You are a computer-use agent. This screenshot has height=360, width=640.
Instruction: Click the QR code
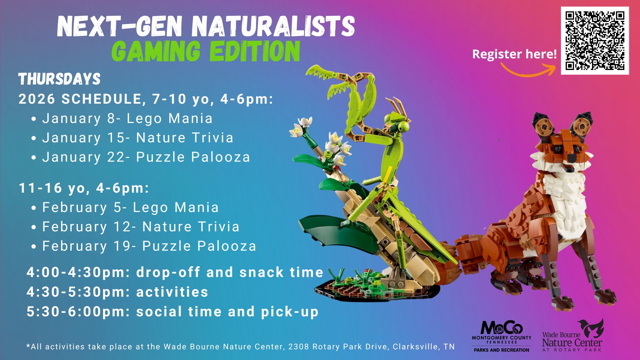point(595,40)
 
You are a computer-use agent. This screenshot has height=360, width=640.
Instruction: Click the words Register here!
point(514,54)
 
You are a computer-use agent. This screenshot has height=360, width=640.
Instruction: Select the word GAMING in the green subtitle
point(156,51)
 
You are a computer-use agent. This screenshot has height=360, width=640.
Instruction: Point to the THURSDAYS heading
point(59,79)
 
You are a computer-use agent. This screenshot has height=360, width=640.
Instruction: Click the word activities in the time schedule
point(172,292)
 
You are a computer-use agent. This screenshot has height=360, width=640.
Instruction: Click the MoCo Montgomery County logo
point(501,336)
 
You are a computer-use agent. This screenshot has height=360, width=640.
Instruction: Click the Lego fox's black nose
point(572,157)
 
